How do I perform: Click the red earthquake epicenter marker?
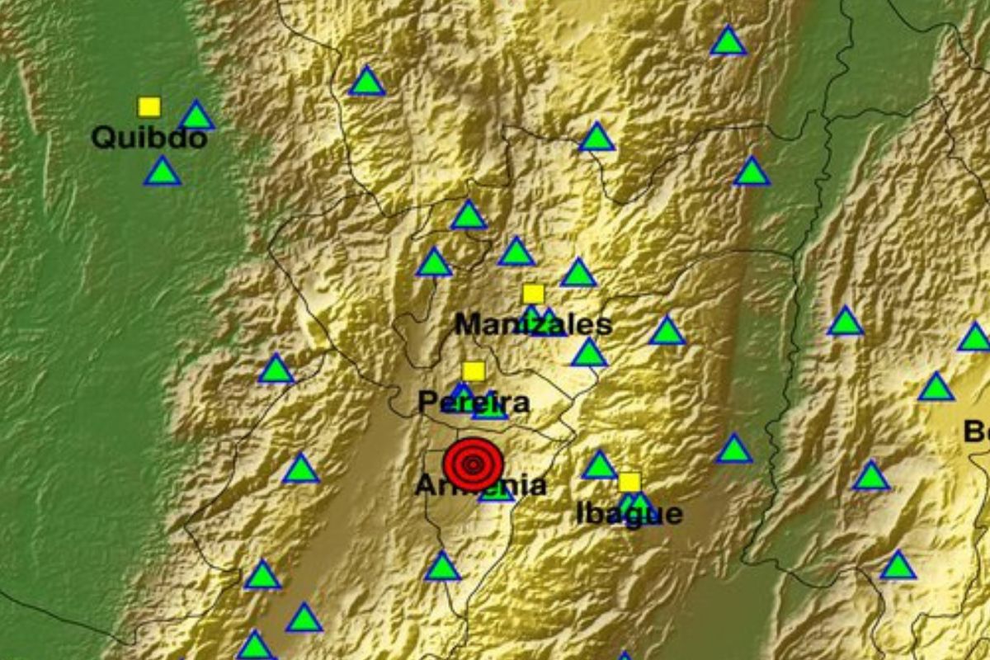click(473, 464)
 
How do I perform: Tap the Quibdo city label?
click(148, 137)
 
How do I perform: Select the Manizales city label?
click(533, 324)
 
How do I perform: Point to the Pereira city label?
click(473, 403)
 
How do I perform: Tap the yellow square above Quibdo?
click(149, 107)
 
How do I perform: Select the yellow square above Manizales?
click(533, 294)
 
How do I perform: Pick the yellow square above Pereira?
click(474, 371)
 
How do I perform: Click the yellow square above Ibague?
click(629, 482)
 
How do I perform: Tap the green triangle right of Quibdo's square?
click(196, 117)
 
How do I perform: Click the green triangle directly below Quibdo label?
click(162, 172)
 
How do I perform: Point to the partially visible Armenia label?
click(480, 487)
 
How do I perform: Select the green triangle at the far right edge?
click(975, 338)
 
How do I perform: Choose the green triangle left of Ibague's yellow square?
click(600, 466)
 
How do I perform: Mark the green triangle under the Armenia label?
click(497, 493)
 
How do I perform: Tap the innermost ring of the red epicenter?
click(473, 464)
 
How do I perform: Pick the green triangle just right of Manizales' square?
click(578, 274)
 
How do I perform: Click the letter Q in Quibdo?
click(101, 137)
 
